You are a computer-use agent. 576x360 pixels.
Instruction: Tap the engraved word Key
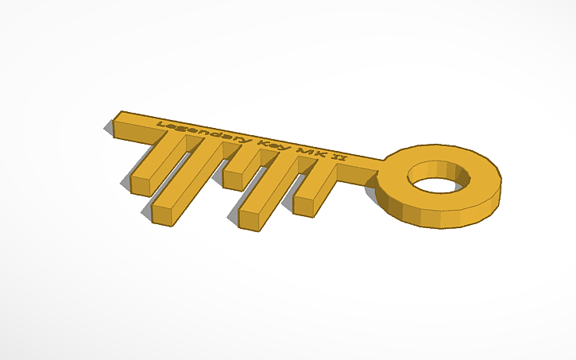pos(265,144)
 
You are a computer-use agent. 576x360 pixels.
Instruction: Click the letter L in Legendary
pos(161,124)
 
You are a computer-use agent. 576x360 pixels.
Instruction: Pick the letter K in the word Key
pos(256,142)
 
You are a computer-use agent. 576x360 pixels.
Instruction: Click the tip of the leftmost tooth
pos(139,188)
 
